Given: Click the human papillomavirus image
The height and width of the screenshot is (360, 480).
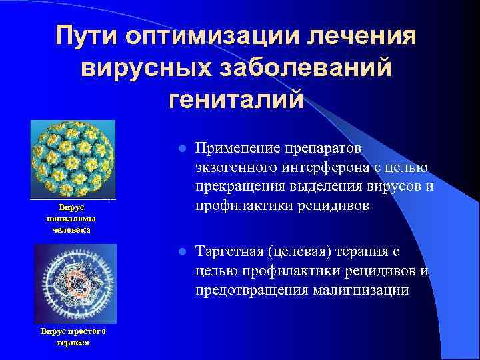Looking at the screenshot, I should point(73,159).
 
